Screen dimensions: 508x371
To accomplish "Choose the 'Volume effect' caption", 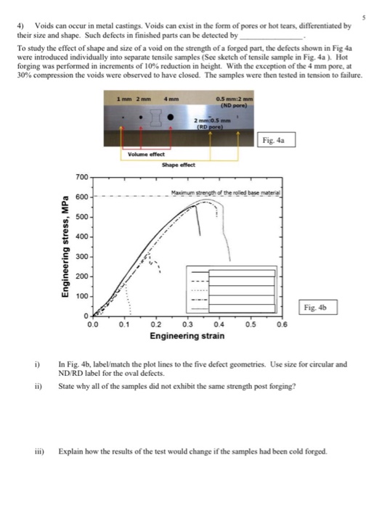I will point(146,154).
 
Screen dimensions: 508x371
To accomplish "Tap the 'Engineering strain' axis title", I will point(187,356).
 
